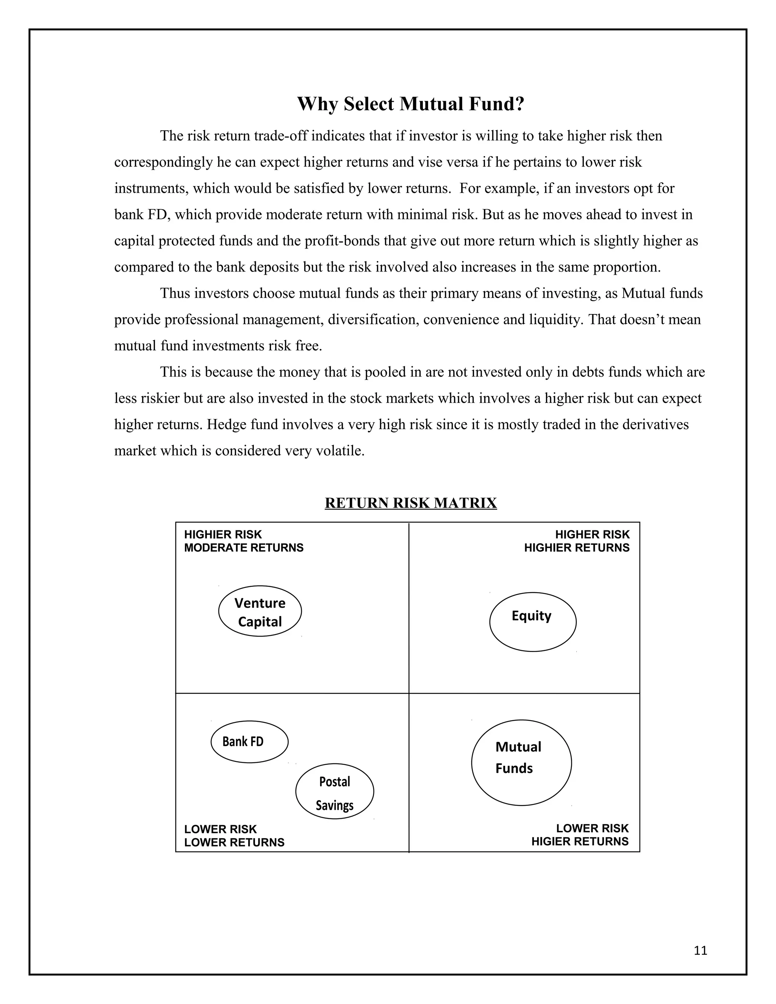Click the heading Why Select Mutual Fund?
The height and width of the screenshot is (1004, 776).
click(410, 104)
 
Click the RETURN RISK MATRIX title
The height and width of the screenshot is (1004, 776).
click(410, 503)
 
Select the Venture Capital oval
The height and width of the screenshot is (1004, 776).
click(260, 611)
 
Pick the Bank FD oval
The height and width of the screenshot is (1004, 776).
click(249, 741)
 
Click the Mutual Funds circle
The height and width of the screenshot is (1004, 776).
click(521, 762)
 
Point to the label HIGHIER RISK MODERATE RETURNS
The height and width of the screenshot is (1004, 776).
click(244, 541)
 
